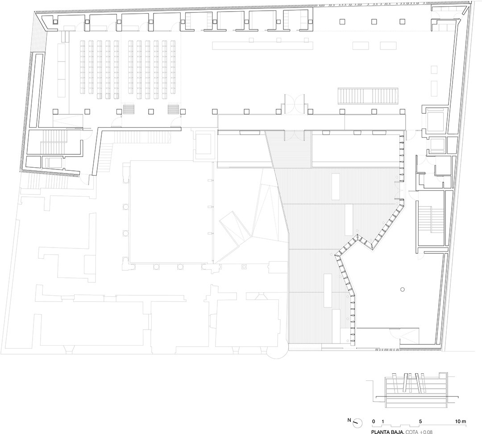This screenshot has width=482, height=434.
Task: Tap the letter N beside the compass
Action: pyautogui.click(x=349, y=420)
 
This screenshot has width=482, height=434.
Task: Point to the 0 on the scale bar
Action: pyautogui.click(x=374, y=422)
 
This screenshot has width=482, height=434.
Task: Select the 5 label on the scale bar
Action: pyautogui.click(x=420, y=422)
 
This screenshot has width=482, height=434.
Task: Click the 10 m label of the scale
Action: pyautogui.click(x=461, y=422)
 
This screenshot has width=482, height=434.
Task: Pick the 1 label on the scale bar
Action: pyautogui.click(x=383, y=422)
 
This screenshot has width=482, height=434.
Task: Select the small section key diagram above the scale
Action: pyautogui.click(x=411, y=388)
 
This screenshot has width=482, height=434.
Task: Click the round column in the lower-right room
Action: pyautogui.click(x=403, y=289)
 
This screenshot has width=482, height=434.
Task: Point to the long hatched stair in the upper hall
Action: pyautogui.click(x=368, y=95)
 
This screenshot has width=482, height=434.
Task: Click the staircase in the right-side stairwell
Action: pyautogui.click(x=431, y=220)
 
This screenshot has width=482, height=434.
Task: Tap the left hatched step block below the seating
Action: pyautogui.click(x=129, y=109)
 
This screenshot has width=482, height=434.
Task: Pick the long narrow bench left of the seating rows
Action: pyautogui.click(x=62, y=70)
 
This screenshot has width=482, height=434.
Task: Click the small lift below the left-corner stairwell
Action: pyautogui.click(x=54, y=163)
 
